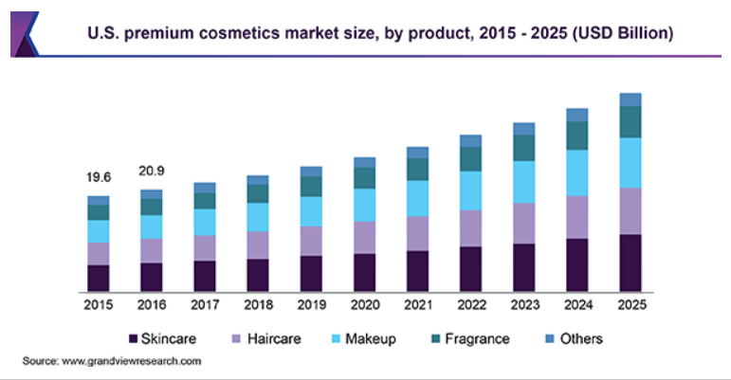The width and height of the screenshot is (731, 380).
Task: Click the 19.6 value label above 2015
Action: pyautogui.click(x=99, y=176)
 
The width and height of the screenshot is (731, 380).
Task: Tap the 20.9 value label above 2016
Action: pyautogui.click(x=152, y=171)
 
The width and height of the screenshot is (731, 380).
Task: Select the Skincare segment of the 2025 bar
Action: pyautogui.click(x=630, y=262)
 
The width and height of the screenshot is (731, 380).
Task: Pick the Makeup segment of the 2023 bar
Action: pyautogui.click(x=524, y=181)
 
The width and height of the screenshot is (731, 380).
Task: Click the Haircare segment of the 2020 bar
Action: pyautogui.click(x=365, y=237)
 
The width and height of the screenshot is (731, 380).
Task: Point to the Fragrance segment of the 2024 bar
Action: pyautogui.click(x=577, y=136)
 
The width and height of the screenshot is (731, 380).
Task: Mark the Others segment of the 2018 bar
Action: pyautogui.click(x=258, y=180)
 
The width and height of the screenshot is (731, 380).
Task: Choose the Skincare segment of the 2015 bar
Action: pyautogui.click(x=99, y=278)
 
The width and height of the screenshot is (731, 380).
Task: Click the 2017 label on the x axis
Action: pyautogui.click(x=205, y=305)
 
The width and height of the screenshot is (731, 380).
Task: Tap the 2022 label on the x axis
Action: pyautogui.click(x=471, y=305)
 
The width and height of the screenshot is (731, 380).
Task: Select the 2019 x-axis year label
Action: pyautogui.click(x=311, y=305)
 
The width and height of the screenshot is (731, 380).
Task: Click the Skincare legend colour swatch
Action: pyautogui.click(x=132, y=338)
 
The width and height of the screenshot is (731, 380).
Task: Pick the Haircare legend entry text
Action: pyautogui.click(x=275, y=338)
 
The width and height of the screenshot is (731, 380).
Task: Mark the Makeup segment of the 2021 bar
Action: pyautogui.click(x=418, y=198)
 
